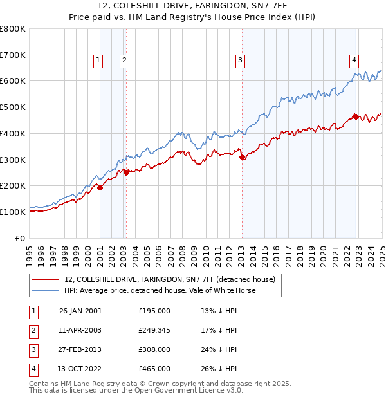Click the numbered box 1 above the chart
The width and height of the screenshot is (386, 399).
tap(98, 61)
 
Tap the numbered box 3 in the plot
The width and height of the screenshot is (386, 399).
tap(239, 61)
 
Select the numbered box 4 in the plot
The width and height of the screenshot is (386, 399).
tap(354, 61)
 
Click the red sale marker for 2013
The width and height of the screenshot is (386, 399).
tap(242, 157)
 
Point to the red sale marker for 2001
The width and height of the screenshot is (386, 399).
tap(100, 187)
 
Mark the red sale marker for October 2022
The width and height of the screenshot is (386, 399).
tap(356, 116)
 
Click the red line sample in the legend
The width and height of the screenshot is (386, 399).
tap(45, 279)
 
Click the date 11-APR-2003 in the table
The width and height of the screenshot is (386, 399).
tap(80, 330)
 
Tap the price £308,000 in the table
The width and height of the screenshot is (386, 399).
tap(154, 349)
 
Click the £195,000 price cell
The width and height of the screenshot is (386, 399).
tap(154, 311)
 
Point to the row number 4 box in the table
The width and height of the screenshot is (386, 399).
tap(32, 369)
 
